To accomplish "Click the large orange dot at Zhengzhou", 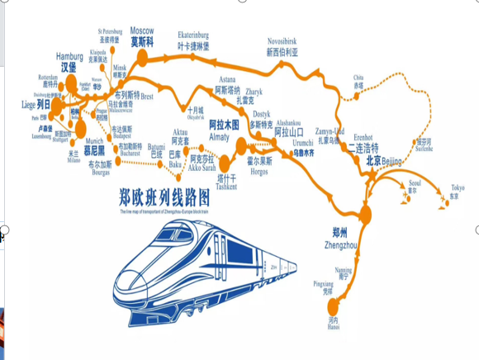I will [x=365, y=216].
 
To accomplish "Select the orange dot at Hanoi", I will [x=333, y=309].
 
